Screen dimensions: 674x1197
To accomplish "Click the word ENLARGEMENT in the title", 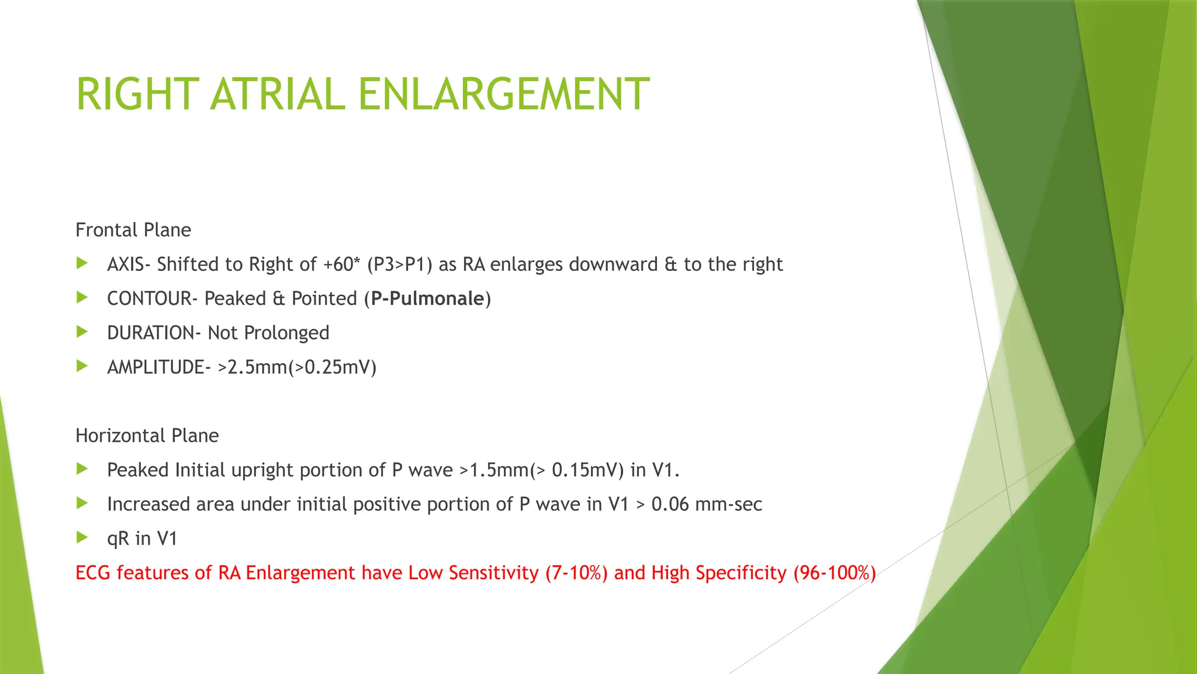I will point(503,94).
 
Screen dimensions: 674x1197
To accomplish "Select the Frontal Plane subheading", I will point(133,230).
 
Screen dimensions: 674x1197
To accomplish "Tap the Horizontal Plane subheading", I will point(147,436).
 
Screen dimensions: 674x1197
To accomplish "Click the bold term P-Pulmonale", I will point(427,299).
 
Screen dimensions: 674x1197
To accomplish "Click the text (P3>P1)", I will point(400,264).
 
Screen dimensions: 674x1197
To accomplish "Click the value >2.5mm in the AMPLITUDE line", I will point(252,367).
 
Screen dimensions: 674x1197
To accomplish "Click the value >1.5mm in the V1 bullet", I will point(494,470).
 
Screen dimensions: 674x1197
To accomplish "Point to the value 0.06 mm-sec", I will point(706,504).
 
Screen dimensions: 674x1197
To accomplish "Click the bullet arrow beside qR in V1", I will point(82,538).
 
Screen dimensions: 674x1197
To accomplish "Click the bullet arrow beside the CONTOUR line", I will point(82,298).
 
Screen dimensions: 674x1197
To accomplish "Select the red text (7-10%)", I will point(576,573).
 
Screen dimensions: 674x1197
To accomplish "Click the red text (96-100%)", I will point(834,573).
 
